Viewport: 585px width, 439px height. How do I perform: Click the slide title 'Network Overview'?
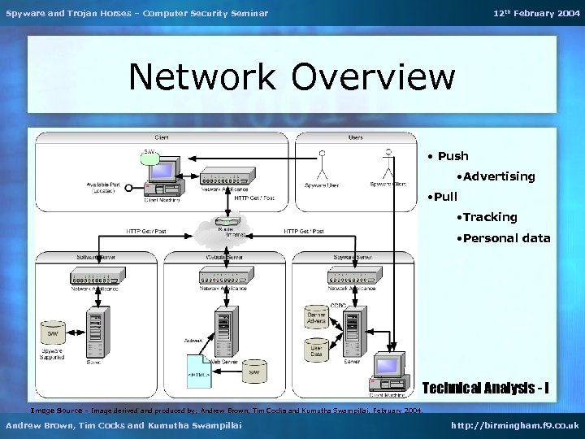tap(292, 78)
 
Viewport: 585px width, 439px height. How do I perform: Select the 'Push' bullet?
tap(453, 156)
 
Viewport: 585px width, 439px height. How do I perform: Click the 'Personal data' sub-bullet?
tap(503, 238)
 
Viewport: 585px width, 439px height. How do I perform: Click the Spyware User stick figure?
tap(323, 165)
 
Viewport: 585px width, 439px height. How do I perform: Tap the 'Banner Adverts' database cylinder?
tap(317, 319)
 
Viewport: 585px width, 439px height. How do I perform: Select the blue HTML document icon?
tap(198, 371)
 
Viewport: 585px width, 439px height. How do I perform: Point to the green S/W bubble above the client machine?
tap(150, 157)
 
